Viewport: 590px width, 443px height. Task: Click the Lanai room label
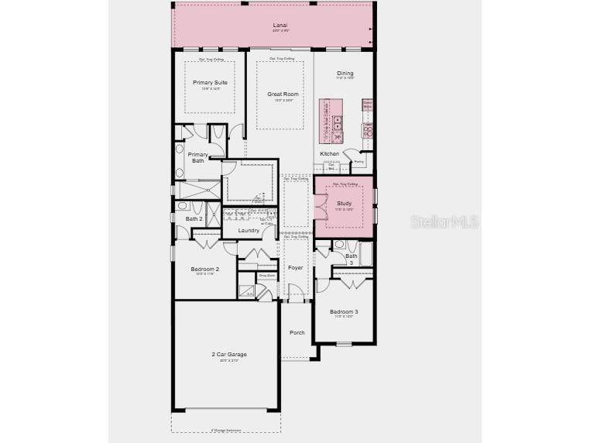point(280,26)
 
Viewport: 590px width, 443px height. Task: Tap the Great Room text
point(283,94)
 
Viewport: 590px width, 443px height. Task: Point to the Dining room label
point(345,74)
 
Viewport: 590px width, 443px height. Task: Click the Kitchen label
point(330,153)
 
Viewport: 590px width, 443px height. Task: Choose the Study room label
point(344,203)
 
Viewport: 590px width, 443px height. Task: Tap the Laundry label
point(249,230)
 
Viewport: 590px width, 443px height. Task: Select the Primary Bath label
point(197,157)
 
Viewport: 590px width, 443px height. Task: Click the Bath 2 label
point(194,218)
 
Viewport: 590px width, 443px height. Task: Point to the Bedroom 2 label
point(205,269)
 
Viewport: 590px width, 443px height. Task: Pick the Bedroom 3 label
point(344,311)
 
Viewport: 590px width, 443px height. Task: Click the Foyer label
point(295,267)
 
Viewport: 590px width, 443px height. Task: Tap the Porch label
point(297,332)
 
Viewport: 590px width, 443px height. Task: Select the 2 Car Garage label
point(229,354)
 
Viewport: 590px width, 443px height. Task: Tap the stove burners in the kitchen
point(368,132)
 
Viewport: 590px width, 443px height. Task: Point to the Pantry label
point(359,162)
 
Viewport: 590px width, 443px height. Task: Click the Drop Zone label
point(266,276)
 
